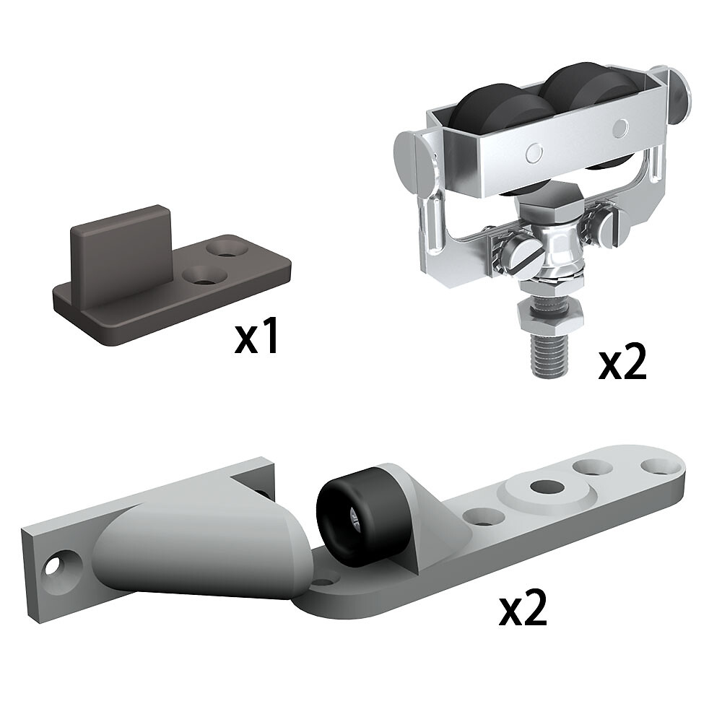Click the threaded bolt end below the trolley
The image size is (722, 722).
pyautogui.click(x=551, y=353)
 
